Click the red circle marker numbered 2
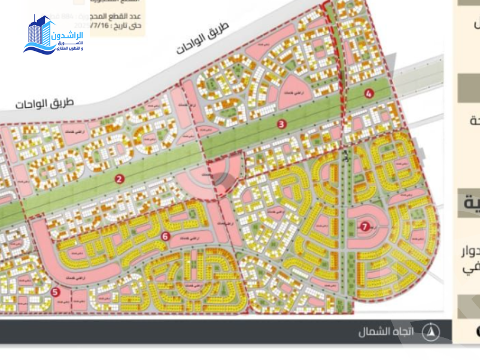pos(120,178)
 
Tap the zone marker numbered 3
pos(281,124)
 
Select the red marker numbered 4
pos(369,93)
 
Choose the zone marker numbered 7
pos(365,226)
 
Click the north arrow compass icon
pos(430,331)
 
